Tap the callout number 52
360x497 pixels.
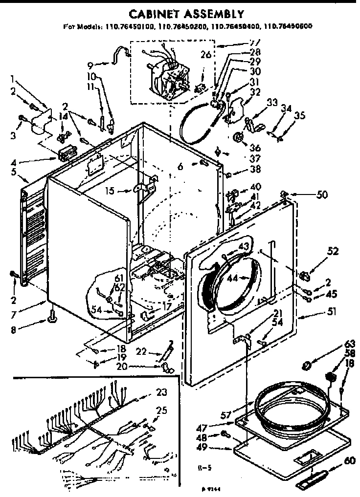pyautogui.click(x=333, y=252)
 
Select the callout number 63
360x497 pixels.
pyautogui.click(x=349, y=344)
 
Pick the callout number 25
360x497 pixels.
pyautogui.click(x=160, y=411)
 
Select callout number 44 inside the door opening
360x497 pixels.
pyautogui.click(x=232, y=278)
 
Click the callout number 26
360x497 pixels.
pyautogui.click(x=206, y=55)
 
